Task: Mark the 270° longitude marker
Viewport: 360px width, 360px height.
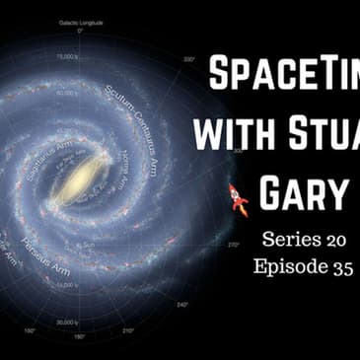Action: [234, 243]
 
